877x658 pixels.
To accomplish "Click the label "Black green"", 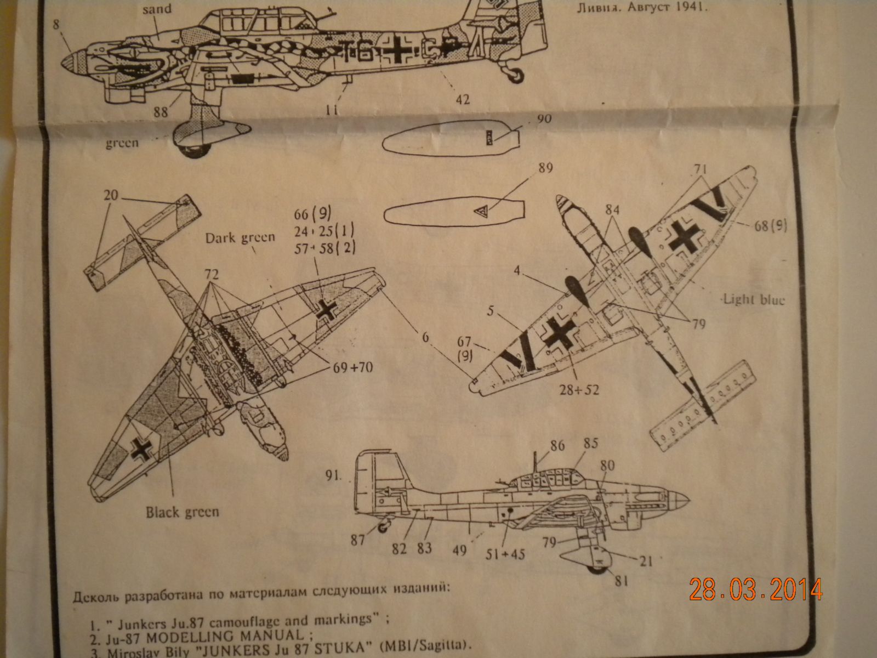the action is coord(182,512).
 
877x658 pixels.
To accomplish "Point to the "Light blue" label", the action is coord(754,299).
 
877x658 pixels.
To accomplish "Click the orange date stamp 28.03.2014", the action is coord(756,589).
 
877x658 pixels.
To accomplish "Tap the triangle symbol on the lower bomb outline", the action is coord(481,210).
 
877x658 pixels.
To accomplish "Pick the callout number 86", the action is coord(557,446).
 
